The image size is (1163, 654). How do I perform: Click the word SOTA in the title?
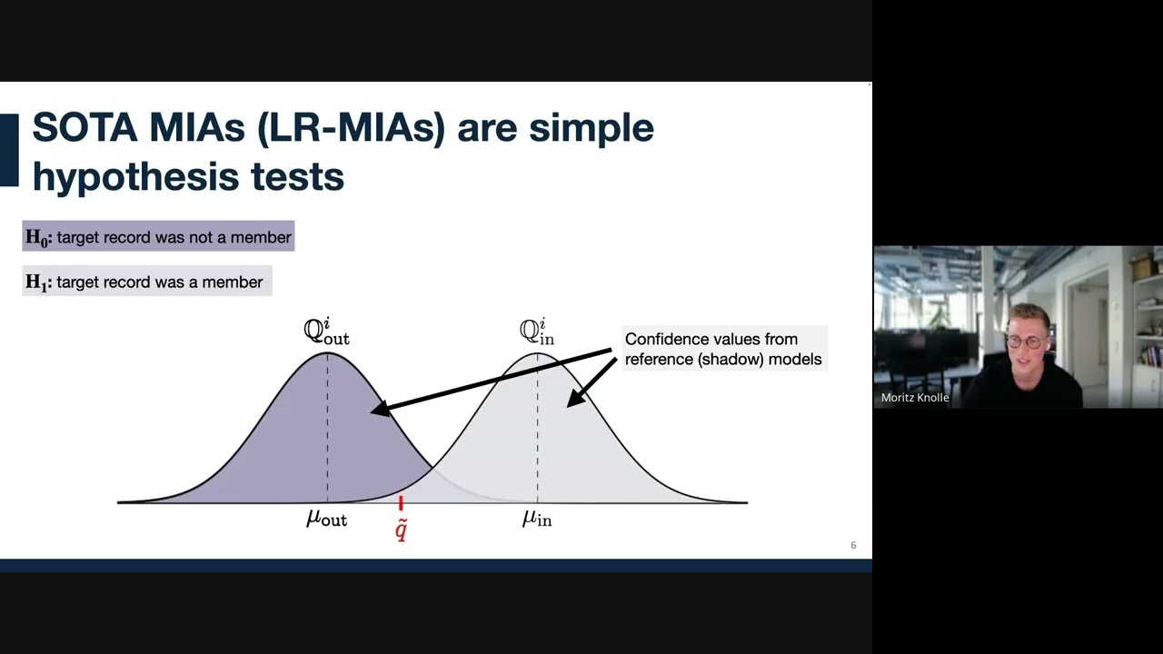(x=84, y=127)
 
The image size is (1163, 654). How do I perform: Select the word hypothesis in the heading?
(x=135, y=176)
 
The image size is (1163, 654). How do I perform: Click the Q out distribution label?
(x=326, y=332)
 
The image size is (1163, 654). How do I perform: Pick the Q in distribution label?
(x=537, y=332)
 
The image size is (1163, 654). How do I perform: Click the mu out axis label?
(x=326, y=518)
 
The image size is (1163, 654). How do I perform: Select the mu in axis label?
(x=537, y=518)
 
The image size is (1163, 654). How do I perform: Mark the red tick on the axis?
(x=401, y=503)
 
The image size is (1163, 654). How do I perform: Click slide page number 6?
(x=853, y=545)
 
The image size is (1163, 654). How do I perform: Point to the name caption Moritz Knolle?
(x=915, y=398)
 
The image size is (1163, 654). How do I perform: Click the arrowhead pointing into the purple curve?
(x=380, y=409)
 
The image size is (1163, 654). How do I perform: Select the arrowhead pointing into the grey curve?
(x=574, y=398)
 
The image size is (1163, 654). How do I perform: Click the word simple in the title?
(x=591, y=129)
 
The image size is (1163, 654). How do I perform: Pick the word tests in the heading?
(x=297, y=176)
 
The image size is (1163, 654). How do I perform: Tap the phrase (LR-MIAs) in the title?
(x=351, y=128)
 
